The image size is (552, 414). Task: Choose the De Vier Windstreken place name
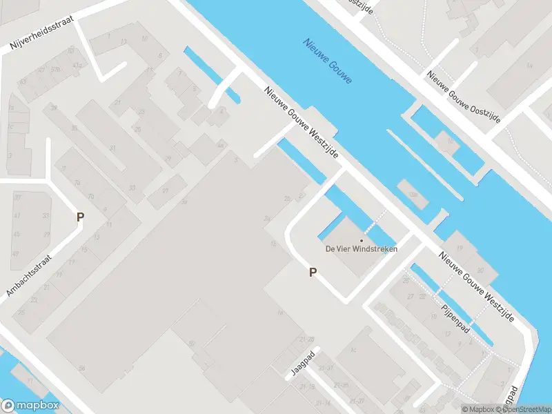361,249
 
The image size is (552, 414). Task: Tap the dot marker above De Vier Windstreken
361,240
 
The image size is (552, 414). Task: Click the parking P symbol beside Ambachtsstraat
81,217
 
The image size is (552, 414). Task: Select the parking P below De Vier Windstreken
313,273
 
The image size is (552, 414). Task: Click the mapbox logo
30,406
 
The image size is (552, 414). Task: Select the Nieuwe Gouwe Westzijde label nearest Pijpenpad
476,286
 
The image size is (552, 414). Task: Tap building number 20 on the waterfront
480,270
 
